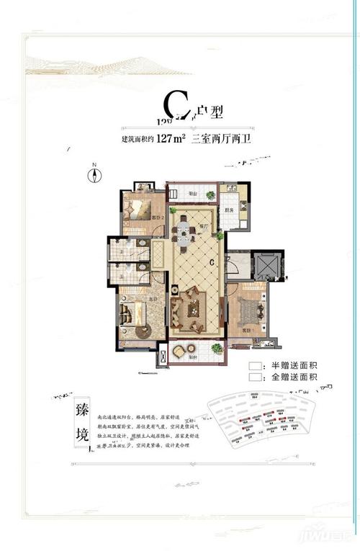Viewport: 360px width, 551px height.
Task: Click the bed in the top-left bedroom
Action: click(x=138, y=209)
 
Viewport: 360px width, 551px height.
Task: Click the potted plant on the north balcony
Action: click(x=210, y=194)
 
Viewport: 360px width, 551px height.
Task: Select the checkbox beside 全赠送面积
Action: click(x=253, y=377)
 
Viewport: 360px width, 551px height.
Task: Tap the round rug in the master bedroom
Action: click(x=141, y=331)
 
